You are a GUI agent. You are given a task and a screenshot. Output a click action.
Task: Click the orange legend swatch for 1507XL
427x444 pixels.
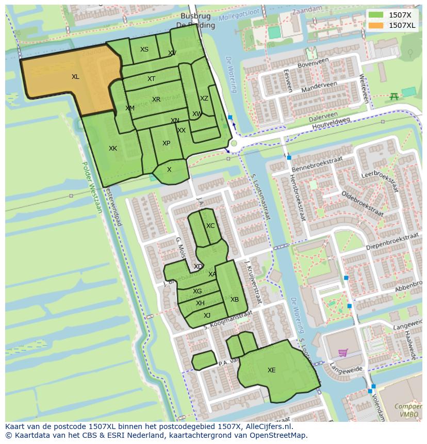[x=376, y=25]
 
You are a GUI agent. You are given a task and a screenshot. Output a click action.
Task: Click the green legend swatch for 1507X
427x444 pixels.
[x=376, y=15]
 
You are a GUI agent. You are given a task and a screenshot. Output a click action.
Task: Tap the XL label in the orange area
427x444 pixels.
[x=75, y=77]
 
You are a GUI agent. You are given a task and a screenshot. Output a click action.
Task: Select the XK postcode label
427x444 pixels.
[x=112, y=149]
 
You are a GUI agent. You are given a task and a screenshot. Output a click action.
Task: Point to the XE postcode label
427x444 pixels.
[x=271, y=370]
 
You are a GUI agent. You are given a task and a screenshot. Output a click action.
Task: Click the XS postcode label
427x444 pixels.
[x=144, y=50]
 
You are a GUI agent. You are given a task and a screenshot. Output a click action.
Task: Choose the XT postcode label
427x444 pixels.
[x=151, y=79]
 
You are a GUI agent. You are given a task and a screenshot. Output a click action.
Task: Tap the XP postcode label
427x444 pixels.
[x=166, y=143]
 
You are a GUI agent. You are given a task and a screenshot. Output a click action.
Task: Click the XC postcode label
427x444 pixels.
[x=210, y=226]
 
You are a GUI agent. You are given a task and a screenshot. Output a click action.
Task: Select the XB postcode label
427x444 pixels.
[x=235, y=300]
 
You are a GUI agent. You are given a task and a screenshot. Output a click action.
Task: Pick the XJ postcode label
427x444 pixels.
[x=207, y=316]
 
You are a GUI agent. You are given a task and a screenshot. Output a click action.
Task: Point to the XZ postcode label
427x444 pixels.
[x=204, y=98]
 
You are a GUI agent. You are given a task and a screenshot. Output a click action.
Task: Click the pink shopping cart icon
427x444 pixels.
[x=342, y=353]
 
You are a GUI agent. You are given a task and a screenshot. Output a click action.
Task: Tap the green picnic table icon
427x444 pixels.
[x=394, y=96]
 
